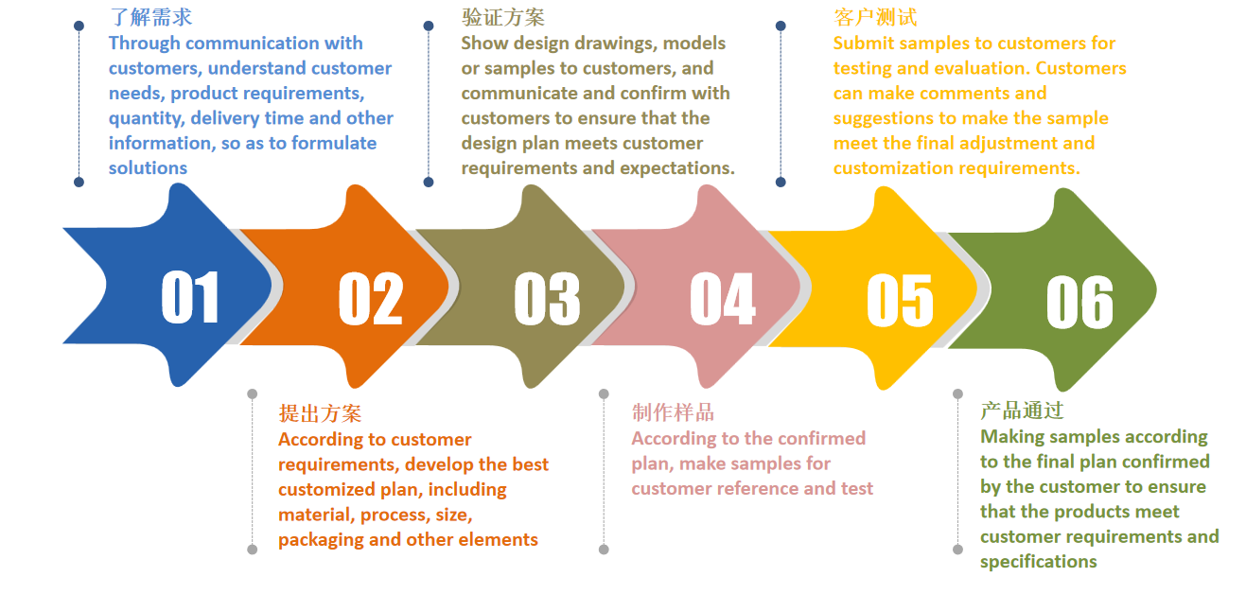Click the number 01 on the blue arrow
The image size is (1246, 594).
[x=189, y=297]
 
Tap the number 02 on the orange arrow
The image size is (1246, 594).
[x=371, y=298]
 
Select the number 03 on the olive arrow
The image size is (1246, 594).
[x=548, y=298]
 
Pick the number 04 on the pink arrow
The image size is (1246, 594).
[x=723, y=298]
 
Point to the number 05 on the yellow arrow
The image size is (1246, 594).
[x=900, y=300]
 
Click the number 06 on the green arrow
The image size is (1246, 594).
[x=1079, y=302]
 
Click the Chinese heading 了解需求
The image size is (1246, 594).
[x=151, y=17]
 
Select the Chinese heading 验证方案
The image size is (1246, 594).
[x=503, y=17]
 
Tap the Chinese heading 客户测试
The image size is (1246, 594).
[x=875, y=17]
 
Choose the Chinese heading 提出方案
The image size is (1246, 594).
[x=320, y=413]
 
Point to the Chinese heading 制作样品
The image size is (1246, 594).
[x=673, y=412]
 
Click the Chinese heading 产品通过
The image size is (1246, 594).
[x=1022, y=411]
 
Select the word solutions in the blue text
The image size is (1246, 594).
[x=148, y=168]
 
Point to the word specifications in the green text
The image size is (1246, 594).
[x=1039, y=562]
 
